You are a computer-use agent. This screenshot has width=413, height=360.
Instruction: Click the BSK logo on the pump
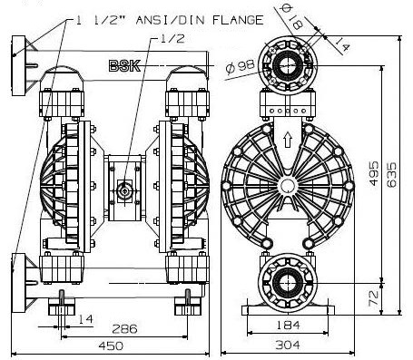124,66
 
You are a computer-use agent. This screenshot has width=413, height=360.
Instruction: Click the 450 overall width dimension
111,345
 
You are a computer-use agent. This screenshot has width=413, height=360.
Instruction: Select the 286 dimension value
124,329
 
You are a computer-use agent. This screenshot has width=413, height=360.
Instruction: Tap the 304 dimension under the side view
288,345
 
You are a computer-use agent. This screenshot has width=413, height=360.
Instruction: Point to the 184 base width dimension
288,326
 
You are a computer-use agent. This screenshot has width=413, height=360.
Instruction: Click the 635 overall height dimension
392,175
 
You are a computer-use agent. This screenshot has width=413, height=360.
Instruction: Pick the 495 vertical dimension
374,173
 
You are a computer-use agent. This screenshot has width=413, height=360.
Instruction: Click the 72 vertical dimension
374,298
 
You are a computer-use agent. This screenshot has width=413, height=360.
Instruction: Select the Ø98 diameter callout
240,67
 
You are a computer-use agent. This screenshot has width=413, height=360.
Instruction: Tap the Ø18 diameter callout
292,17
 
